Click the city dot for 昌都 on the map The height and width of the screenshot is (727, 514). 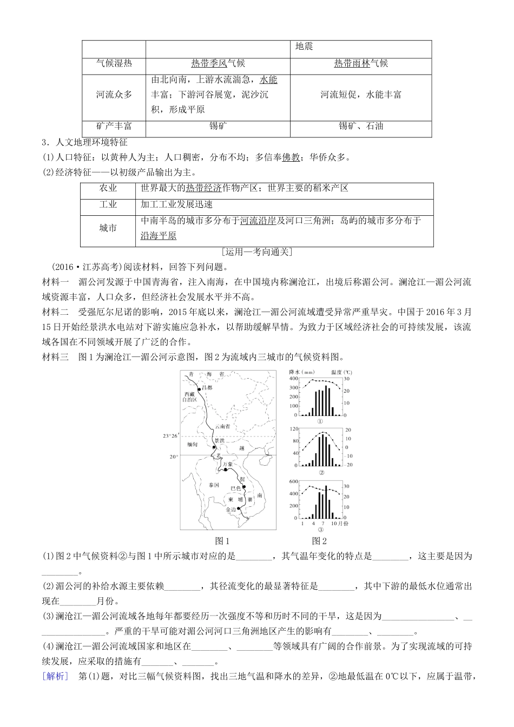pos(200,388)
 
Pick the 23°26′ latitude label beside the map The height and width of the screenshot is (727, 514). pos(170,435)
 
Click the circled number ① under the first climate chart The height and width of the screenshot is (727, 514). pos(320,421)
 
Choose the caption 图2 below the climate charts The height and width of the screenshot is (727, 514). pos(320,540)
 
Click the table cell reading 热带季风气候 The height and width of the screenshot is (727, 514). pos(218,63)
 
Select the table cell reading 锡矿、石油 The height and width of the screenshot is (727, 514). pos(361,126)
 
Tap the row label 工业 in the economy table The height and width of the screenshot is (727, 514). pos(108,204)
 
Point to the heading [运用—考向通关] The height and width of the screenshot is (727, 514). pos(257,252)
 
